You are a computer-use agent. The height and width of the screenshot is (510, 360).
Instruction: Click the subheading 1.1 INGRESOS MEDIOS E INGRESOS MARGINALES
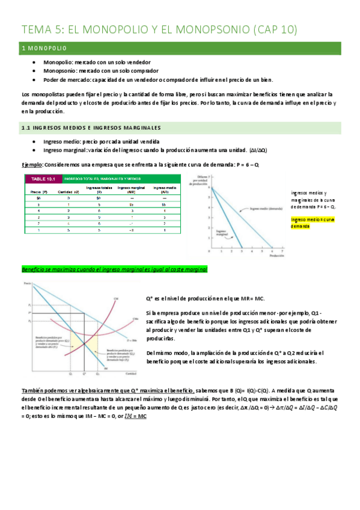coord(91,127)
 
